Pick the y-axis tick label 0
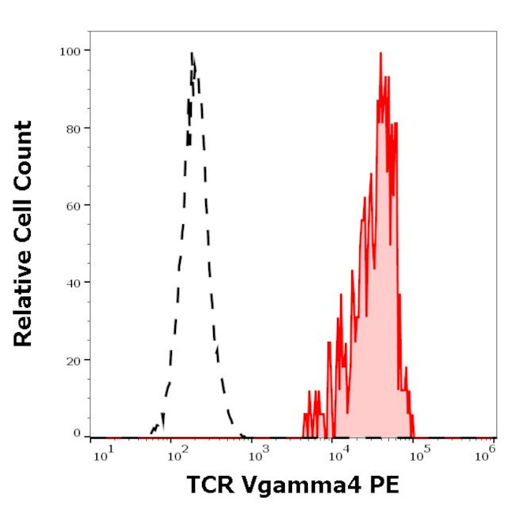point(77,433)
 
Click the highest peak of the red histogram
point(380,54)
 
